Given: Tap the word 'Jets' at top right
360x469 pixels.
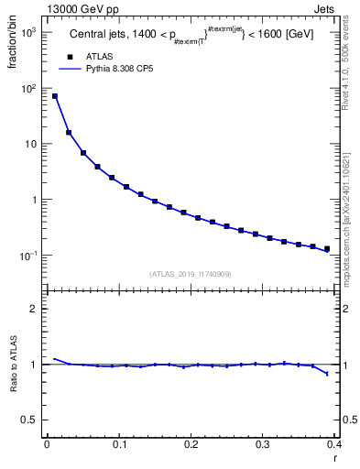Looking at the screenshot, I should [x=324, y=8].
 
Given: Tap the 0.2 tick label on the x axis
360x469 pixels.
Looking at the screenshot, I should [x=191, y=444].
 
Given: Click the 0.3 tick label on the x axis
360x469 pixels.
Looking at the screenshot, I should [x=263, y=444].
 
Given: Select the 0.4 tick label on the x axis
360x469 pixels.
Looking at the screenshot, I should [x=334, y=444].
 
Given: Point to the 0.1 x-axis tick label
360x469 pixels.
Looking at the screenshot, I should [x=118, y=444].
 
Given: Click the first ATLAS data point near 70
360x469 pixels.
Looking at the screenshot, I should [x=54, y=96].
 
